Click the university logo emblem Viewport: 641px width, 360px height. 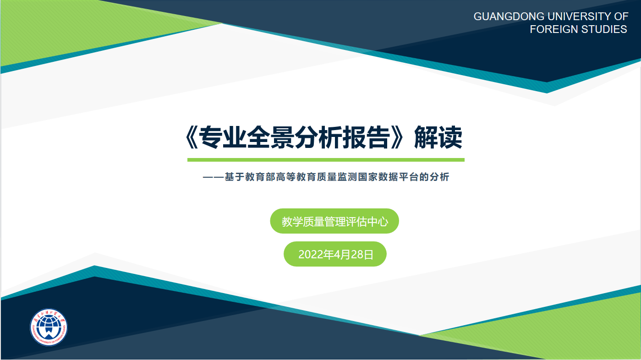[x=49, y=327]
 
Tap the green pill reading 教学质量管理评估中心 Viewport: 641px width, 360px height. [x=334, y=221]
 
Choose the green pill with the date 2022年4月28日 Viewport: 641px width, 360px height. [x=335, y=254]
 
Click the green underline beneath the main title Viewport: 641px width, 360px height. [x=326, y=160]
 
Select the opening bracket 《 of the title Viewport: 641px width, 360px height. [x=191, y=138]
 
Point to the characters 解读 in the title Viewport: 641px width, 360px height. [x=438, y=138]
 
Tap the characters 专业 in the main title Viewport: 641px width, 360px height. [x=223, y=138]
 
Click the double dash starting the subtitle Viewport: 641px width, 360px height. [x=213, y=177]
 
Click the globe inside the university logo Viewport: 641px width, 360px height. [x=49, y=327]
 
